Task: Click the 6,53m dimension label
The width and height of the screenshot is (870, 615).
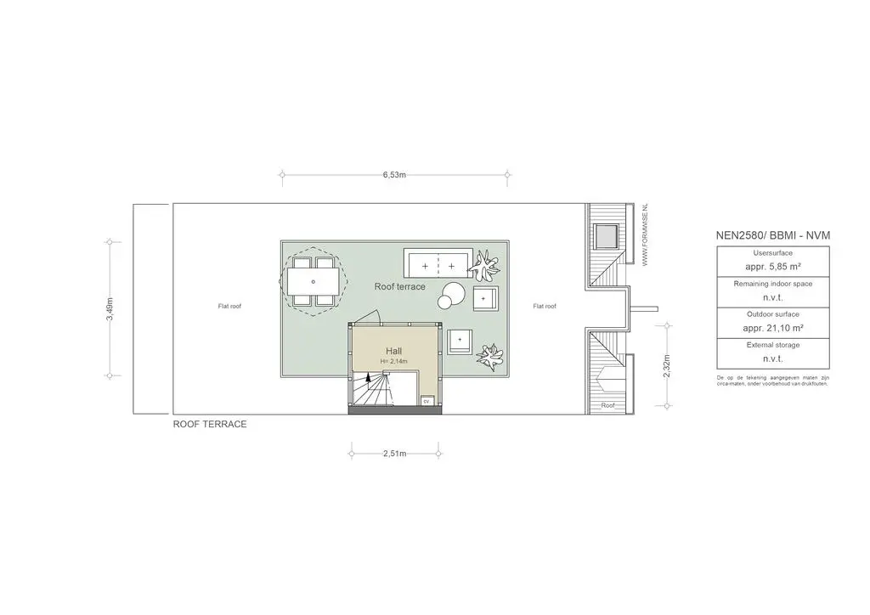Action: coord(394,175)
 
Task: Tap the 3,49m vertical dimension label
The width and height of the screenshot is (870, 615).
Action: coord(110,307)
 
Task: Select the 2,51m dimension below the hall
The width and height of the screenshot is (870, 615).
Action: coord(394,454)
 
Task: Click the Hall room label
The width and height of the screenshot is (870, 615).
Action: coord(394,351)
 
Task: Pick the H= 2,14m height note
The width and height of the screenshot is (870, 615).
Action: coord(394,362)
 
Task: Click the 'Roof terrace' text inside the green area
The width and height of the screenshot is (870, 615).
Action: coord(399,287)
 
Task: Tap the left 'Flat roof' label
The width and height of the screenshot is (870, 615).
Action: coord(229,306)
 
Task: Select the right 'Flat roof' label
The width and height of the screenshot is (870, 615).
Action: coord(545,306)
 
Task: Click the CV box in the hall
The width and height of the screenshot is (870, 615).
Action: coord(427,402)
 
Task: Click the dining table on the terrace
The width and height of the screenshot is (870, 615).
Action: coord(314,280)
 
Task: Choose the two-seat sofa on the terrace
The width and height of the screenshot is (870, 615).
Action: coord(438,265)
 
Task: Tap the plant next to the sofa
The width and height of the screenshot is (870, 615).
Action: coord(486,266)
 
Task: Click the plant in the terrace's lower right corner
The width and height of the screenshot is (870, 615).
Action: coord(489,357)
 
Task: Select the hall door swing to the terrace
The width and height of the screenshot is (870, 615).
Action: coord(367,319)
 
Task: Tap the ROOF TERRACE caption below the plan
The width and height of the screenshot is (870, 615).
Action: coord(210,424)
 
